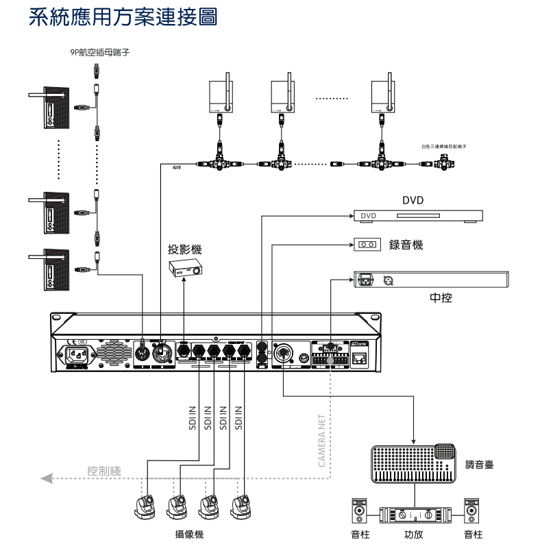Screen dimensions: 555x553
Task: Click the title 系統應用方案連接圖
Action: (x=123, y=18)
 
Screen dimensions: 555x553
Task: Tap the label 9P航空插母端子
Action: (x=99, y=51)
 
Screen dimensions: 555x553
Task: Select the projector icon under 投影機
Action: (x=186, y=269)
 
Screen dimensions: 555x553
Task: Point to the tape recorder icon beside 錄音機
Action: (x=367, y=245)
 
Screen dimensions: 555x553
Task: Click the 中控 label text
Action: (x=441, y=298)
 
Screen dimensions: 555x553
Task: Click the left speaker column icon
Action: (x=359, y=512)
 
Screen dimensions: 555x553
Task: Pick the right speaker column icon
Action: (x=471, y=512)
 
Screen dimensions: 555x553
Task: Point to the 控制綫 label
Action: (x=104, y=471)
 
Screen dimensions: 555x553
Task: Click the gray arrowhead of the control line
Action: (x=47, y=478)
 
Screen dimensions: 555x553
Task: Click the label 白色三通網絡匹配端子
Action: (x=443, y=147)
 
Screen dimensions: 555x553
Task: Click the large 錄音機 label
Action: (x=406, y=245)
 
